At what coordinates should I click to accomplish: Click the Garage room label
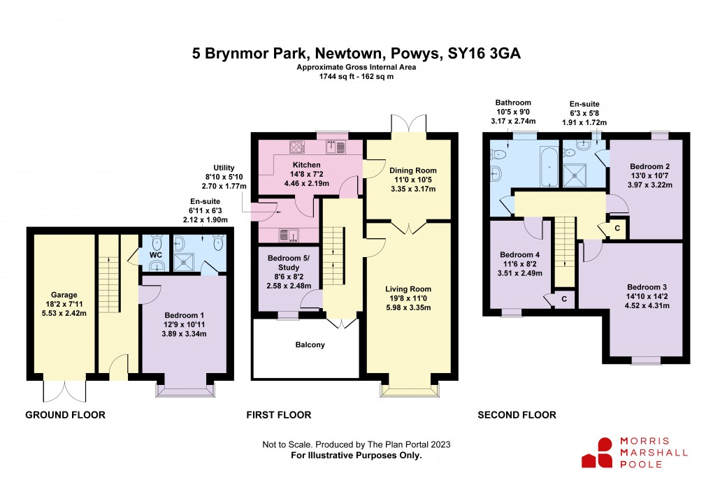pyautogui.click(x=64, y=295)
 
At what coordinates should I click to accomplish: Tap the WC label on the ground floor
pyautogui.click(x=154, y=256)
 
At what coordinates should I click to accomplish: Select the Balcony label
pyautogui.click(x=310, y=345)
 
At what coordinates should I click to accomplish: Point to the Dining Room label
pyautogui.click(x=412, y=170)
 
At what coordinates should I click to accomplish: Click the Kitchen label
pyautogui.click(x=306, y=165)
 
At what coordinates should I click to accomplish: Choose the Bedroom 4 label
pyautogui.click(x=519, y=254)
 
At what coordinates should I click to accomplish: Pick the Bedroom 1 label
pyautogui.click(x=184, y=314)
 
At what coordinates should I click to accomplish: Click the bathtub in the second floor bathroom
pyautogui.click(x=549, y=168)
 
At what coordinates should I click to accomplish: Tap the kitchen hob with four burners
pyautogui.click(x=297, y=147)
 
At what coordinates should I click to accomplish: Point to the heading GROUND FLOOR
pyautogui.click(x=65, y=415)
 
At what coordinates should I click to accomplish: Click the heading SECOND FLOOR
pyautogui.click(x=517, y=415)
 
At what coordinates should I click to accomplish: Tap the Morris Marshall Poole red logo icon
pyautogui.click(x=596, y=453)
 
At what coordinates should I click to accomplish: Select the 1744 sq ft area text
pyautogui.click(x=334, y=77)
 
